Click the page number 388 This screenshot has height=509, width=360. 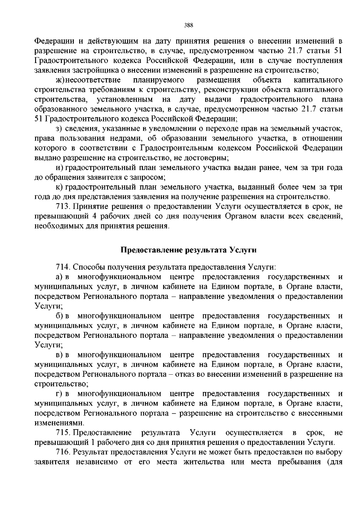point(188,25)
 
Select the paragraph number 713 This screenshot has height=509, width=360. point(63,207)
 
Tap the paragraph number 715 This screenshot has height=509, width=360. point(63,433)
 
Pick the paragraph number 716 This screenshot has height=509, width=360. point(63,452)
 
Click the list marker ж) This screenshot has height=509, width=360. point(60,80)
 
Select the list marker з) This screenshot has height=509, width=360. point(59,129)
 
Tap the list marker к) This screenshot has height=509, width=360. point(59,187)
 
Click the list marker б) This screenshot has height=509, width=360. point(59,316)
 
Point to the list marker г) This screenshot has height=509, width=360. point(59,394)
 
